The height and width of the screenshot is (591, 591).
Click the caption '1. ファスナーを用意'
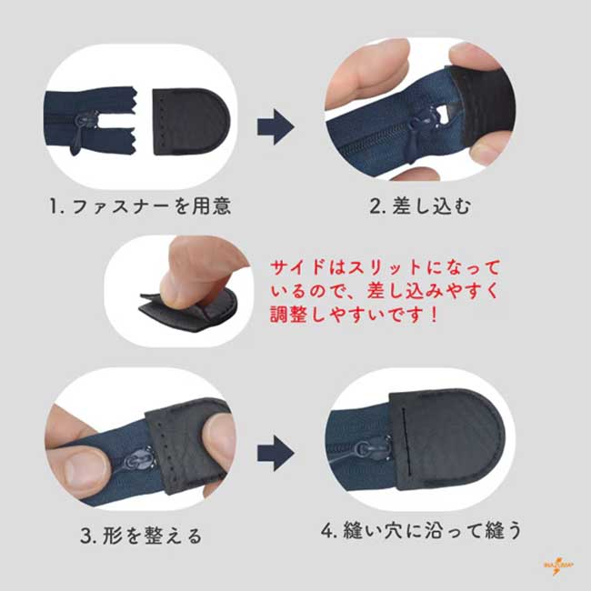click(140, 206)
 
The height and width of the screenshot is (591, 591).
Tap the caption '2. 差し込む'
click(420, 206)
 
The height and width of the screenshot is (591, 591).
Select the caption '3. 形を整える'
click(141, 536)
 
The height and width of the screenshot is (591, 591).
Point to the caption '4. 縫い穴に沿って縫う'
click(421, 530)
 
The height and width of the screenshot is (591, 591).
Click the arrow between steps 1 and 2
click(275, 127)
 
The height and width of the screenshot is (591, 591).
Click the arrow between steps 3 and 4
click(275, 453)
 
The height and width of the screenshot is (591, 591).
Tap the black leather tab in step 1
click(191, 121)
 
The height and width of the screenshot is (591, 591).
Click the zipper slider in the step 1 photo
click(80, 131)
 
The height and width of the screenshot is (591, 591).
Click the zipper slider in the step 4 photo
click(371, 449)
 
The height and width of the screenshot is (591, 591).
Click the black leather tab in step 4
click(448, 440)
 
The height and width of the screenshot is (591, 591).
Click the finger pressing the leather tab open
click(196, 271)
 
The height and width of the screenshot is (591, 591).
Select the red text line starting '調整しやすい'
click(354, 314)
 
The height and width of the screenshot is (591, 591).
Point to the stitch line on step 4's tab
click(406, 440)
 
